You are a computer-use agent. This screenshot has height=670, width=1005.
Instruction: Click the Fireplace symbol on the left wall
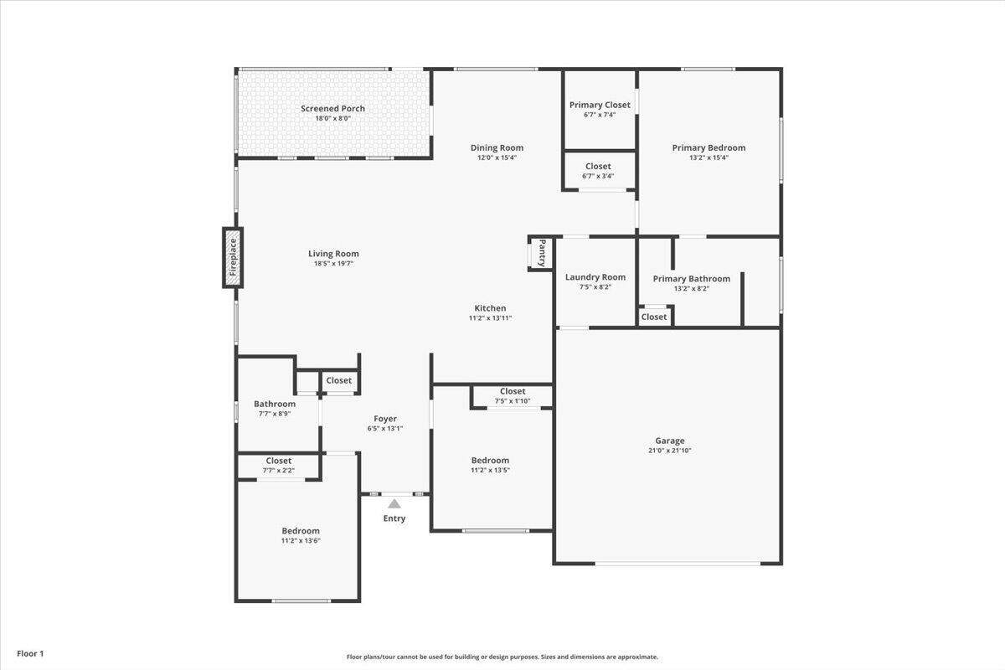pos(233,258)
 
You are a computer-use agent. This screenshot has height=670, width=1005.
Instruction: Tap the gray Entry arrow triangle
pos(394,503)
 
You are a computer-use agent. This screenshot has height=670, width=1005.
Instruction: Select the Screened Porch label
pos(332,109)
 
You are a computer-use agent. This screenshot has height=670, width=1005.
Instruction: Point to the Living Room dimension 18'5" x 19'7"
pos(333,264)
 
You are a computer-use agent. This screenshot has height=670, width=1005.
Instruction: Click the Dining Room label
pos(497,147)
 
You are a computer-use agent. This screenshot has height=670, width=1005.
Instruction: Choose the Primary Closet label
pos(600,105)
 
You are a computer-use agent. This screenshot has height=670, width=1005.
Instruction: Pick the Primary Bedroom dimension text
pos(709,157)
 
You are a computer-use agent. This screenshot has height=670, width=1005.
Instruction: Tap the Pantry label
pos(543,253)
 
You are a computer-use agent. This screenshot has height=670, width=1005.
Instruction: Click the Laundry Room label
pos(595,277)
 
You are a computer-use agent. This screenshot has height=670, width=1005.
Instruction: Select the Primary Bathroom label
pos(692,279)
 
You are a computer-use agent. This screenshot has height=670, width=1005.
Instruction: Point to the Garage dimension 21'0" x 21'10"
pos(669,450)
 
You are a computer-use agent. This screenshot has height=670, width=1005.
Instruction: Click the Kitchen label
pos(490,308)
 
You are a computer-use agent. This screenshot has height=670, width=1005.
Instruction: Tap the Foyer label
pos(385,419)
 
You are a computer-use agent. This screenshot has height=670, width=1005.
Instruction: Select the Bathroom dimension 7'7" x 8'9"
pos(275,414)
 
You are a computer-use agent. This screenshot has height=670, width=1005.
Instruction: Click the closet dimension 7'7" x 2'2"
pos(279,471)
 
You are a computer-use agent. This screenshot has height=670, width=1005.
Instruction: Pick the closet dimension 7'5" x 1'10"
pos(513,400)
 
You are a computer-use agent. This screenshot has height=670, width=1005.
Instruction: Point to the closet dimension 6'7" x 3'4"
pos(598,176)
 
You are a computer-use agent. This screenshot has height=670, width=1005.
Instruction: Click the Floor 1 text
pos(30,653)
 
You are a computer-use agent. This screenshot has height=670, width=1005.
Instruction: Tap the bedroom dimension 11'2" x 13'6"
pos(301,540)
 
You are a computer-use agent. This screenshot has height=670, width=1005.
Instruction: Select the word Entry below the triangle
pos(394,518)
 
